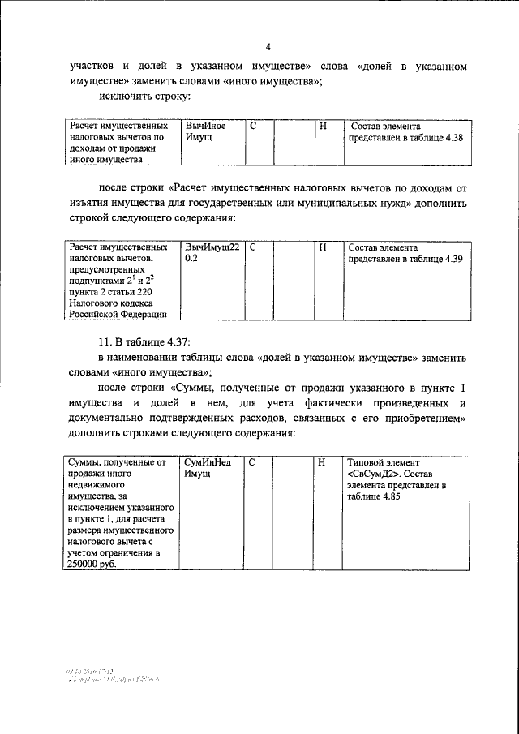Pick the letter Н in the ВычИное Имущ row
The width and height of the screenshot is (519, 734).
click(323, 127)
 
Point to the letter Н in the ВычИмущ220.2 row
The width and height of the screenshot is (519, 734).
click(323, 247)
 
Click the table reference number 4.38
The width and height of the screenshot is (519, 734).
click(450, 139)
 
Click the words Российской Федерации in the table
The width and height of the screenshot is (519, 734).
click(118, 315)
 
